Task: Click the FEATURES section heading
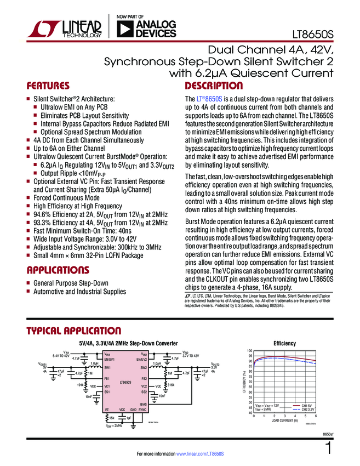pyautogui.click(x=48, y=86)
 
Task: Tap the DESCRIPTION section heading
pyautogui.click(x=214, y=86)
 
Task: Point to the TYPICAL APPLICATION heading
pyautogui.click(x=74, y=331)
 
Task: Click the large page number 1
pyautogui.click(x=328, y=448)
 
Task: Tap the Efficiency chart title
pyautogui.click(x=284, y=344)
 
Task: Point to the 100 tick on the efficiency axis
pyautogui.click(x=250, y=351)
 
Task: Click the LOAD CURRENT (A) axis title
pyautogui.click(x=285, y=420)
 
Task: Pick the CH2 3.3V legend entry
pyautogui.click(x=305, y=409)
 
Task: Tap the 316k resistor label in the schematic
pyautogui.click(x=170, y=385)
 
